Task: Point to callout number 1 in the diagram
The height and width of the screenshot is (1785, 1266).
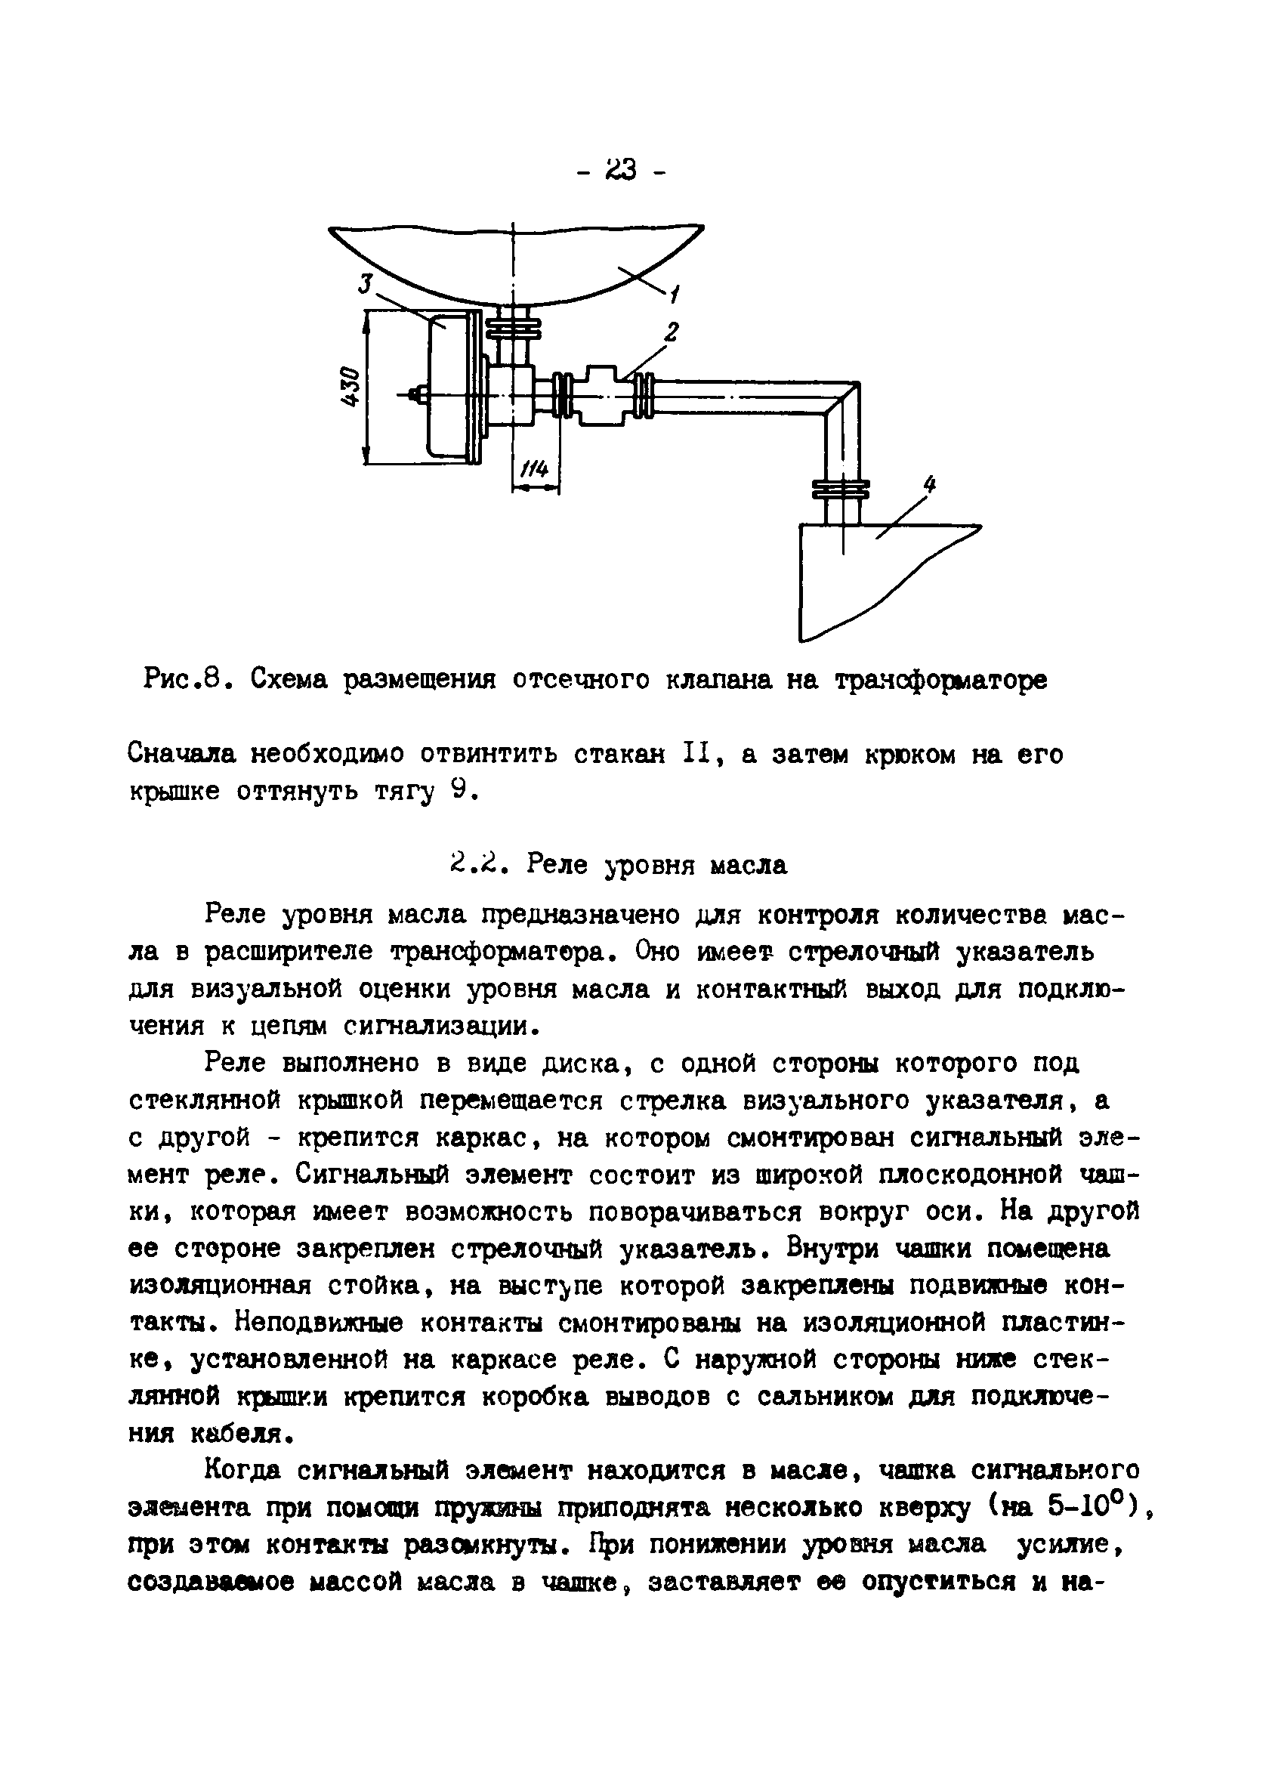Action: pos(674,295)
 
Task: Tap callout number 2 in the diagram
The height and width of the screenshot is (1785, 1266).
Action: pos(671,333)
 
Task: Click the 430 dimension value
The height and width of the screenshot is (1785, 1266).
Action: pos(351,387)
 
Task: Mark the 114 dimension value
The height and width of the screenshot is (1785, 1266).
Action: pos(535,469)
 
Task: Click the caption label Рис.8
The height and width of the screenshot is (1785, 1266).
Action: pos(184,681)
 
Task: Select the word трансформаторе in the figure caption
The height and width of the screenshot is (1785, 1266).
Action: pos(942,681)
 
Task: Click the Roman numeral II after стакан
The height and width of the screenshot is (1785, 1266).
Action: pos(693,755)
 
